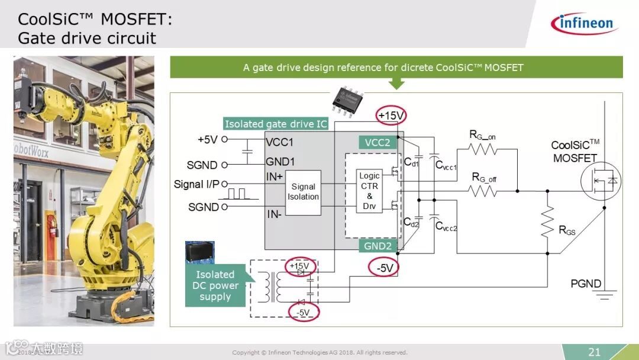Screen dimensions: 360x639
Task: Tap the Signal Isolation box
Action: click(x=303, y=192)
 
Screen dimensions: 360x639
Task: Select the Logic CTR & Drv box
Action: click(x=369, y=191)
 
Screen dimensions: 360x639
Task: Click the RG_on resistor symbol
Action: click(x=483, y=149)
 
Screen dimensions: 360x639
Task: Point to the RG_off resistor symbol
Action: click(x=483, y=191)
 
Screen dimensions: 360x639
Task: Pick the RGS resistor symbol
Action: click(x=547, y=222)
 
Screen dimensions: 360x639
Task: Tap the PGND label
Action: click(x=586, y=284)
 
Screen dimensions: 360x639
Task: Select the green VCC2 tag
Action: click(x=377, y=142)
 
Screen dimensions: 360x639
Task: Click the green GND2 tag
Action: click(x=377, y=246)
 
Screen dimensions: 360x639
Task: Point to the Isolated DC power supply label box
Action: click(x=215, y=285)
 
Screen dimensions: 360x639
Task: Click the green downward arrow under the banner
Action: click(x=396, y=83)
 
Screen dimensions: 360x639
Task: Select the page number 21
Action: click(x=594, y=352)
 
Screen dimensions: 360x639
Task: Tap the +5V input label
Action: click(x=208, y=140)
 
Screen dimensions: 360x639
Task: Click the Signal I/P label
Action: click(x=196, y=184)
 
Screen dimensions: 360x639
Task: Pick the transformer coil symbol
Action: click(x=273, y=287)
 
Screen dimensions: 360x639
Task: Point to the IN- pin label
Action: click(x=273, y=214)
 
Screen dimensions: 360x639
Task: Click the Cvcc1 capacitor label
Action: click(x=446, y=167)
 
